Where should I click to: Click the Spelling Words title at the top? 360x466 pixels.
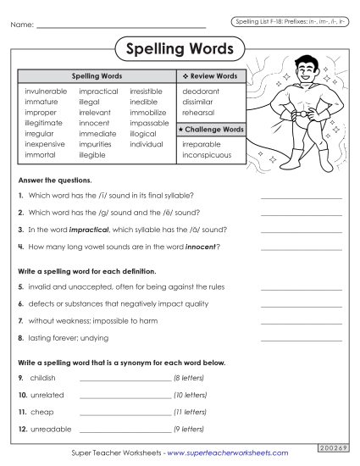click(179, 50)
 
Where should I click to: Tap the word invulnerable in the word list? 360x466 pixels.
click(47, 90)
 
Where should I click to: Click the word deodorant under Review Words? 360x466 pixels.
click(201, 90)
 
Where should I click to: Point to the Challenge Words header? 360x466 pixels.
click(213, 129)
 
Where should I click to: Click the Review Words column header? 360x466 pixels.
click(213, 76)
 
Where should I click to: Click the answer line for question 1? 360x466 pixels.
click(301, 197)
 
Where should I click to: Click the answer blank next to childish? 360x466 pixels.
click(125, 379)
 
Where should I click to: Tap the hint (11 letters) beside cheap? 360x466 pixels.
click(191, 412)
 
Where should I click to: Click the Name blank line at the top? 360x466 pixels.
click(122, 25)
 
